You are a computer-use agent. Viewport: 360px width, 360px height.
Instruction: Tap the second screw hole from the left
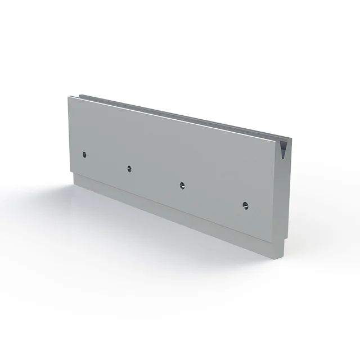tap(129, 168)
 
